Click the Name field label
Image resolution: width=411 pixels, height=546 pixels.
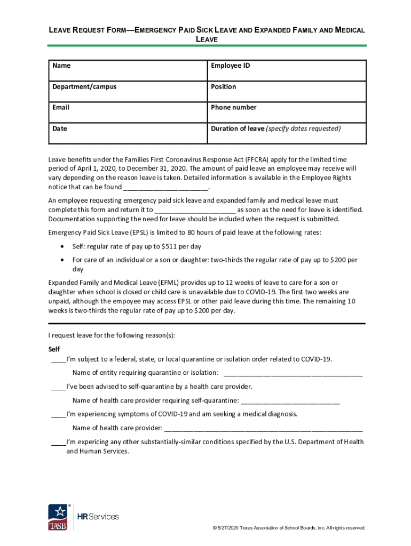pos(61,66)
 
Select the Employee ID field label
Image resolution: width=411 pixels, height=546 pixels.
pos(230,66)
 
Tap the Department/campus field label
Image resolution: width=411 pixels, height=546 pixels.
pos(84,86)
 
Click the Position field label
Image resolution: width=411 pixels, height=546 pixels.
pos(223,86)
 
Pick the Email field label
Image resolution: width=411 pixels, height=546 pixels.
pos(61,107)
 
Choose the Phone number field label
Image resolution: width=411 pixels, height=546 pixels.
pos(233,107)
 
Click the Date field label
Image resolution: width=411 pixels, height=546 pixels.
pos(60,129)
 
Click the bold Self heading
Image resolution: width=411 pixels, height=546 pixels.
pos(54,349)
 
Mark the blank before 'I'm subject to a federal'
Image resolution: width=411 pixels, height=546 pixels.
pos(58,360)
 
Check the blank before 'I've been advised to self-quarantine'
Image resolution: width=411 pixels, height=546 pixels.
pos(58,388)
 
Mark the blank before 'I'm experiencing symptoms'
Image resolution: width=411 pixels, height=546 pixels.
pos(58,415)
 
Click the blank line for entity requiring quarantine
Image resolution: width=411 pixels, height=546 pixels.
pos(293,373)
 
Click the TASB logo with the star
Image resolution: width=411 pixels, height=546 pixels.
pos(58,517)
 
